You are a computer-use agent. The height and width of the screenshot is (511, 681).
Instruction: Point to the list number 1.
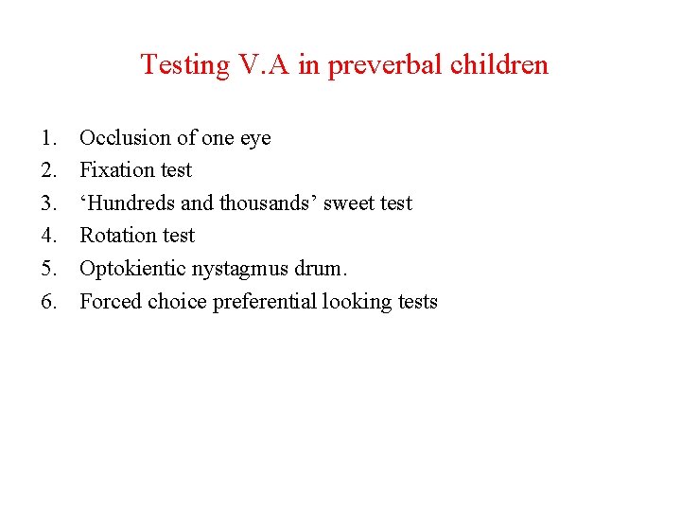(x=49, y=138)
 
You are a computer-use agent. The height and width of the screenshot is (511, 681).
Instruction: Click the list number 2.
(x=49, y=170)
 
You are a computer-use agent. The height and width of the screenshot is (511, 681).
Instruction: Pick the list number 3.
(x=49, y=203)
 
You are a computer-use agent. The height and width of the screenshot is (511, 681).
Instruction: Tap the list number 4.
(x=49, y=236)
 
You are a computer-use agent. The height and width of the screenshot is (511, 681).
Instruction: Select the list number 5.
(x=49, y=269)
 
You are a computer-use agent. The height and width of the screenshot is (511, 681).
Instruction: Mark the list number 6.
(x=49, y=302)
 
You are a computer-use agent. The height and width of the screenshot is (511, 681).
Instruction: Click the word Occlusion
(x=125, y=138)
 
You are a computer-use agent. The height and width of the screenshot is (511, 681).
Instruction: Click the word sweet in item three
(x=350, y=203)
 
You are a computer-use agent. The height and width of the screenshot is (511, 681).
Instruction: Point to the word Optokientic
(x=133, y=269)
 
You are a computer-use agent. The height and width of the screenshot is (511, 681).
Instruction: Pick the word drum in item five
(x=326, y=269)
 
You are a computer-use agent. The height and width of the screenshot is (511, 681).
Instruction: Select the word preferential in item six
(x=265, y=302)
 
